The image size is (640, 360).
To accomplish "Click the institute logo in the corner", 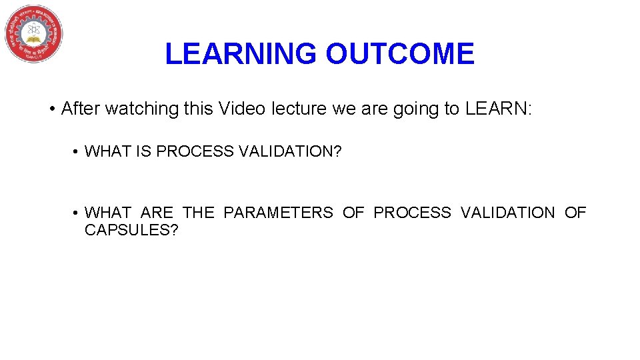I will pos(34,33).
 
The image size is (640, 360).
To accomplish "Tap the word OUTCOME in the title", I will pos(400,54).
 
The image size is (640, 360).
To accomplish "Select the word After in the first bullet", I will pos(80,109).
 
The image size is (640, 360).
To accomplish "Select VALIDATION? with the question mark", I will pos(290,152).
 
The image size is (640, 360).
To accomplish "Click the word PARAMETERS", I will pos(278,213).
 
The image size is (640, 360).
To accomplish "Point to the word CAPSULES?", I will pos(131,231).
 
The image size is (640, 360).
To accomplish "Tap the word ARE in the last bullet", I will pos(157,213).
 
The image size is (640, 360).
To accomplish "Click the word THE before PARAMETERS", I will pos(199,213).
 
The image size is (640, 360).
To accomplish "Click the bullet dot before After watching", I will pos(51,109).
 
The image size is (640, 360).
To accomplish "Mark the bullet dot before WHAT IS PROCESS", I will pos(77,152).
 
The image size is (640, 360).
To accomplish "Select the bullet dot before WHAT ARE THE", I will pos(77,213).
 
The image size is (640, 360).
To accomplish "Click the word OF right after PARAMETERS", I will pos(353,213).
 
